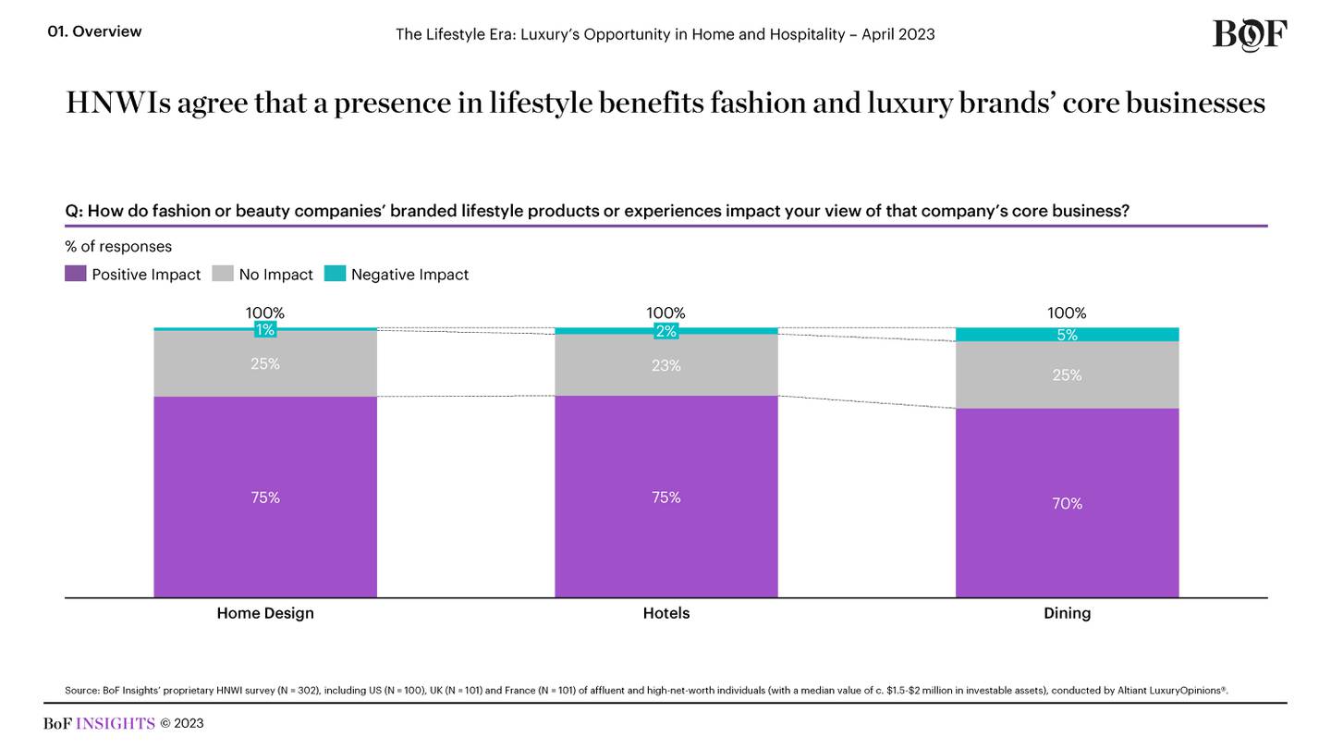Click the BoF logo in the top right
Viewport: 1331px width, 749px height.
point(1249,34)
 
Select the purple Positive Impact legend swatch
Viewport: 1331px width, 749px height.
point(76,274)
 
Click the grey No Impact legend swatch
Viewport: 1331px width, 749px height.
point(223,274)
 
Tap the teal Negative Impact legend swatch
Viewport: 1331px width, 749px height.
point(336,274)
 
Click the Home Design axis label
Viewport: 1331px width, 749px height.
point(265,613)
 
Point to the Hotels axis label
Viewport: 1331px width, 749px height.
point(665,613)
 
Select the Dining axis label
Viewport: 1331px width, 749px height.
point(1067,613)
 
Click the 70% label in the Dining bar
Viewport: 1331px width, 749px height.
point(1067,504)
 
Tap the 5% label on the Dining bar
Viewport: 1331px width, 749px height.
point(1067,335)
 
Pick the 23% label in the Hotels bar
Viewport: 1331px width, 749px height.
point(665,365)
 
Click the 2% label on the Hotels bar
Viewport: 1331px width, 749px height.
point(665,331)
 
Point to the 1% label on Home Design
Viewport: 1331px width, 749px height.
point(265,329)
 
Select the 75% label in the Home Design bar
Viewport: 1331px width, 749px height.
point(265,497)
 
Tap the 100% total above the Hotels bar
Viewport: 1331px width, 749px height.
point(665,313)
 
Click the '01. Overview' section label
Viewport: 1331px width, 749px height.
point(94,31)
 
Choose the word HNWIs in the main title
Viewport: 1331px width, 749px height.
point(118,103)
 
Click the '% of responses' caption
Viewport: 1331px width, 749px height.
point(118,247)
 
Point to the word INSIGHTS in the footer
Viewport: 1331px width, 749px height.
point(115,723)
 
